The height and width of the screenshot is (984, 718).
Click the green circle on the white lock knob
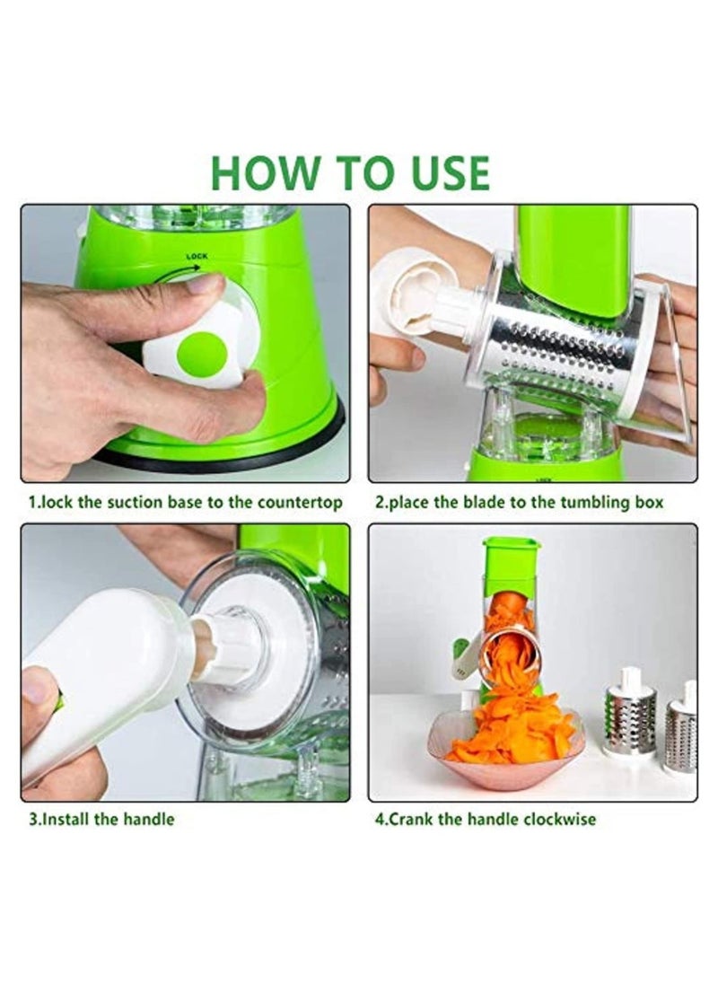(201, 354)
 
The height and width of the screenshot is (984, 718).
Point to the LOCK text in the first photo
(197, 257)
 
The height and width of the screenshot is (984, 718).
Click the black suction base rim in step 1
(224, 453)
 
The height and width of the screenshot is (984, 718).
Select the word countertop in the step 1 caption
(296, 502)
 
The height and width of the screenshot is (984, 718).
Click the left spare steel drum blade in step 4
(627, 718)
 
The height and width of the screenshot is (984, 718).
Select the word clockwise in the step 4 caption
(556, 819)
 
